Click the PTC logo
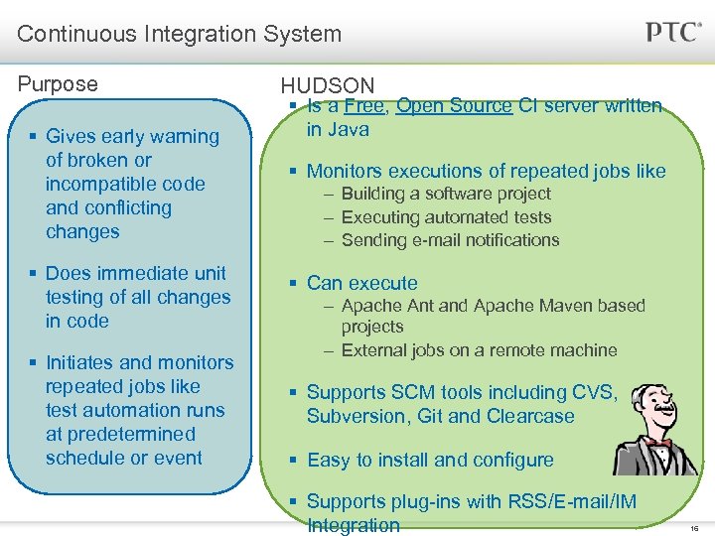tap(673, 32)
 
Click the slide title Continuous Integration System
tap(179, 34)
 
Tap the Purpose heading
tap(58, 84)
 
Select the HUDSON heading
tap(328, 86)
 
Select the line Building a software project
tap(445, 194)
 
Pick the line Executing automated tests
tap(446, 216)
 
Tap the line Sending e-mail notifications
tap(450, 239)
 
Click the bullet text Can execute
tap(362, 283)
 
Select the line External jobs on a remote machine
tap(479, 350)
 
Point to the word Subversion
tap(354, 416)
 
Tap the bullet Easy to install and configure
tap(430, 460)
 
